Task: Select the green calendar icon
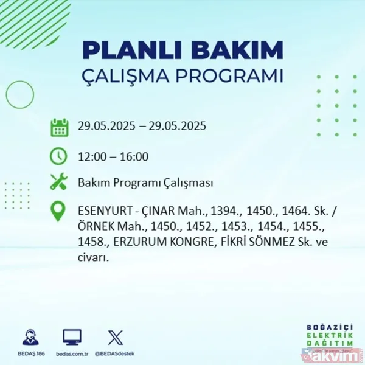click(59, 127)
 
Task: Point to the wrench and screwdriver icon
click(59, 182)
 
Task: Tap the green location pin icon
click(59, 212)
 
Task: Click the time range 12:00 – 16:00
click(113, 157)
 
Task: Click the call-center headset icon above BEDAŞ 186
click(30, 337)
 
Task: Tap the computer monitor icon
click(72, 337)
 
